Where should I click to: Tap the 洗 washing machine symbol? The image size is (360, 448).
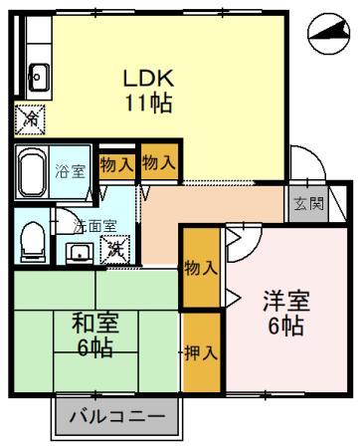point(116,247)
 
